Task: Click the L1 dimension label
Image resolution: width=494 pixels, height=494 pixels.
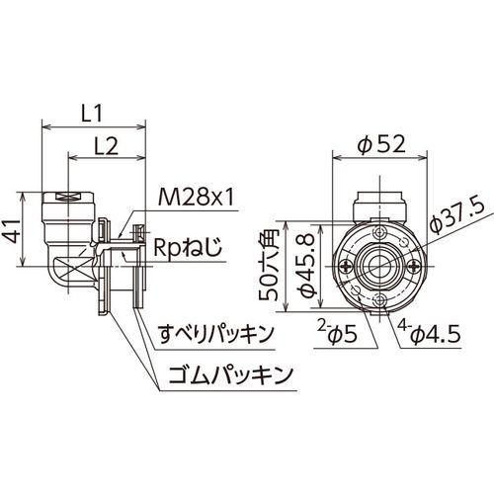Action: (92, 113)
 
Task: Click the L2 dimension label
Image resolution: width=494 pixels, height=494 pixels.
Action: (107, 146)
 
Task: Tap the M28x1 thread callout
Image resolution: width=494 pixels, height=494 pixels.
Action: (196, 198)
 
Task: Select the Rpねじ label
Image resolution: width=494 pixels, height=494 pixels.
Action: (188, 248)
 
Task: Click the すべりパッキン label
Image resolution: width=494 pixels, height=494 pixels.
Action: (216, 333)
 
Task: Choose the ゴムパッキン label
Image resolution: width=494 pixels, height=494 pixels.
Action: (230, 374)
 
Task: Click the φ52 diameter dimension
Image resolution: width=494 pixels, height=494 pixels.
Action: (381, 144)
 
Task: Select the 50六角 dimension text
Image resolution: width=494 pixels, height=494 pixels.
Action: (269, 266)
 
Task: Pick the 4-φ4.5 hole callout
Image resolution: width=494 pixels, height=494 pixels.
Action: (430, 333)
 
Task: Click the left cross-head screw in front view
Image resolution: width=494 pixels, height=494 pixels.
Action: (347, 266)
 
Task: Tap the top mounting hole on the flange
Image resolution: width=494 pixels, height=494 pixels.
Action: (380, 232)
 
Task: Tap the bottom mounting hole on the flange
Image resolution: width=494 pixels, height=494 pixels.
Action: (380, 299)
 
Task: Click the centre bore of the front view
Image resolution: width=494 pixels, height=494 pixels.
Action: (380, 266)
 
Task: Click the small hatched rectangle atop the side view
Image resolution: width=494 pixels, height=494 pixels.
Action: (68, 197)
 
